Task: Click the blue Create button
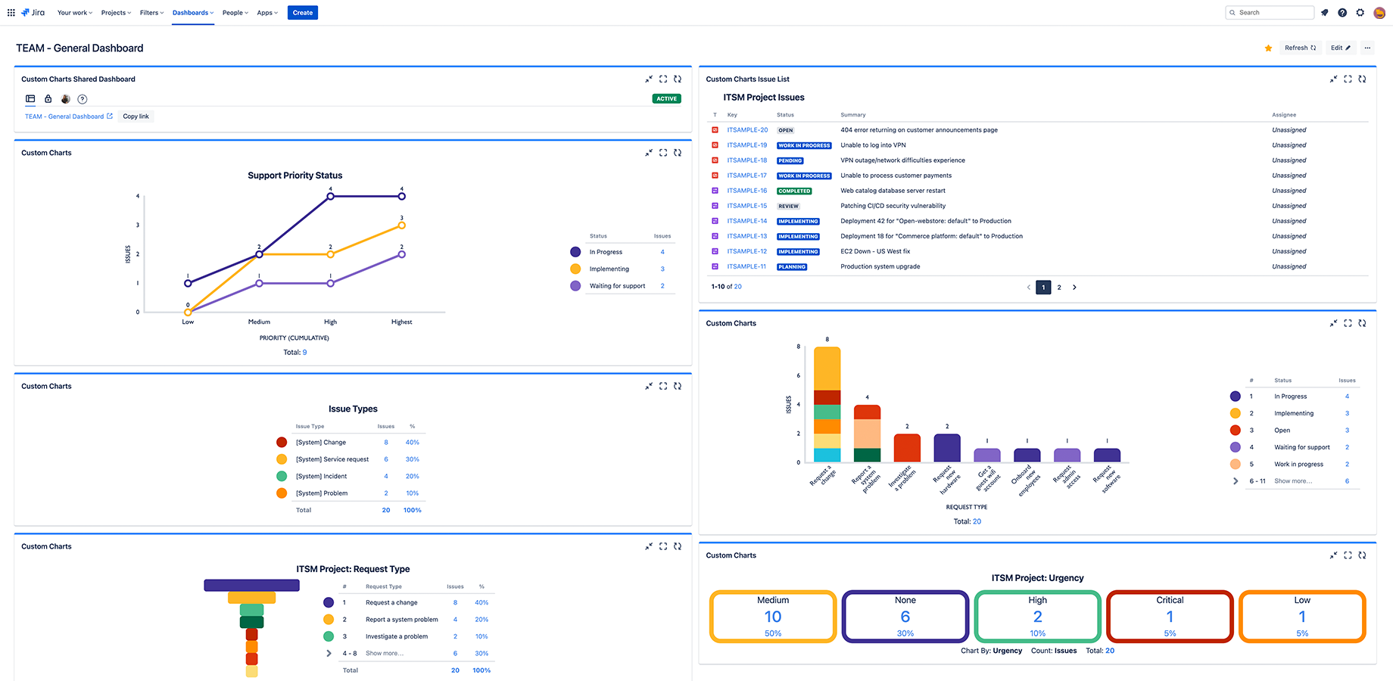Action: click(302, 13)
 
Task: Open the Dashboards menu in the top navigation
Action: click(192, 13)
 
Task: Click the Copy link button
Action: click(136, 117)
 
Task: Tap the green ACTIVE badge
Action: click(666, 98)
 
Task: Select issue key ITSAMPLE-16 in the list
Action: click(746, 191)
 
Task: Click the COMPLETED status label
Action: click(794, 191)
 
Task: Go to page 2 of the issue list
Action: click(1059, 288)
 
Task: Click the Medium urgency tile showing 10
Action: click(773, 617)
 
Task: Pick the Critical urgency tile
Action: click(1170, 617)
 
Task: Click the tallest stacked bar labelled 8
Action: click(827, 404)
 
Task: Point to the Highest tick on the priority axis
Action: click(401, 322)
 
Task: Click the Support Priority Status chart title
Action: click(295, 176)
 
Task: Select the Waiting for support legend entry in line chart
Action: click(617, 286)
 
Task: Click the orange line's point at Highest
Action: click(401, 225)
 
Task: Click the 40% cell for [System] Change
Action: click(412, 443)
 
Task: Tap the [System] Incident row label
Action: click(321, 477)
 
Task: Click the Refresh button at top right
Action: click(1300, 48)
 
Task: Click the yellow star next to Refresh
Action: click(1268, 48)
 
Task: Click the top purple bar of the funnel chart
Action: click(251, 585)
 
